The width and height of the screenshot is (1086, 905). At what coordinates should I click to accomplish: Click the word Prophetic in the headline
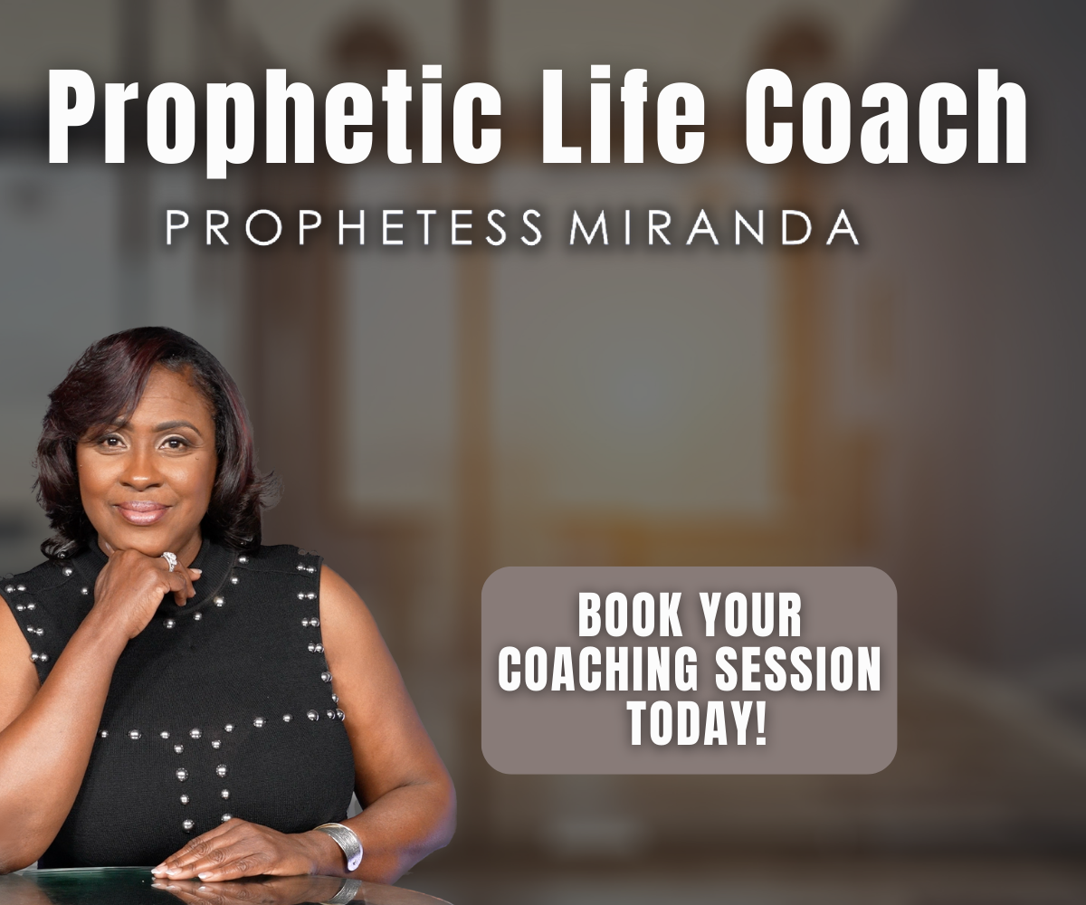coord(274,120)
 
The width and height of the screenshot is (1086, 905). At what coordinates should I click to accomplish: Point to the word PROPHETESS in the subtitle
coord(354,228)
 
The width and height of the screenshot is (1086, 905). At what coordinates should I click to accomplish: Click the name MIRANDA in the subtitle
coord(715,228)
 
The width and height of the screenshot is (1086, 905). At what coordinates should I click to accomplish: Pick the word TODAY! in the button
coord(697,723)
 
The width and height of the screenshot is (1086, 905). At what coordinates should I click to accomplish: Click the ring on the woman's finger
coord(169,562)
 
